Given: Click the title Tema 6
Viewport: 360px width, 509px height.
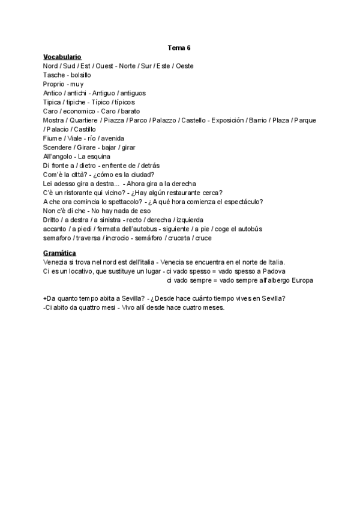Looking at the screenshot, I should pyautogui.click(x=179, y=47).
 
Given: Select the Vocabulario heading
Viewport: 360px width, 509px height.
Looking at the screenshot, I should pyautogui.click(x=62, y=56).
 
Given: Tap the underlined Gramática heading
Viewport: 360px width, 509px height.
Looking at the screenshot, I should pyautogui.click(x=60, y=253).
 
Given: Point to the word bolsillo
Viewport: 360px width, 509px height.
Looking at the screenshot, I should pyautogui.click(x=81, y=75).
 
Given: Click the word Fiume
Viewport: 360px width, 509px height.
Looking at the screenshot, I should pyautogui.click(x=53, y=139).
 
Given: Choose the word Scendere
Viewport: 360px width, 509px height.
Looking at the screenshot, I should pyautogui.click(x=58, y=148).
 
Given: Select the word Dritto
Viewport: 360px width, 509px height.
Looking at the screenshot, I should pyautogui.click(x=52, y=220).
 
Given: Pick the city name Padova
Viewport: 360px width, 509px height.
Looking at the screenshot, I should pyautogui.click(x=273, y=271).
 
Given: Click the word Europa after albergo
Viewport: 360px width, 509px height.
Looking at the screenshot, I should pyautogui.click(x=302, y=280).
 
